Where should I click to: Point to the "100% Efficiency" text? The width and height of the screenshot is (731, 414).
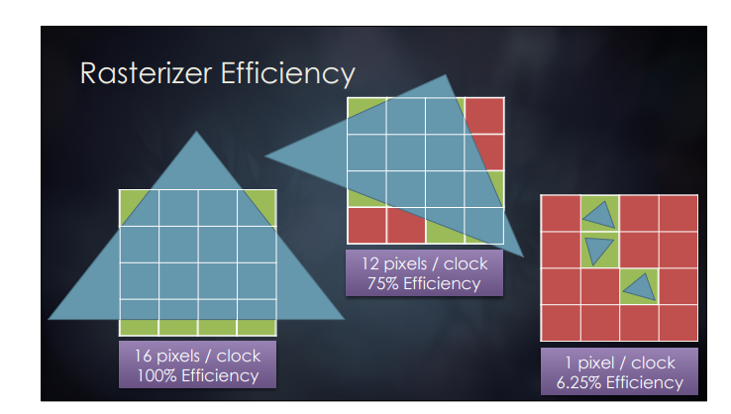[x=196, y=375]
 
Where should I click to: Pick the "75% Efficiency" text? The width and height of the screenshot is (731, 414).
[x=425, y=283]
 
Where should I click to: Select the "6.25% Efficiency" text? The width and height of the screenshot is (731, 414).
[x=619, y=382]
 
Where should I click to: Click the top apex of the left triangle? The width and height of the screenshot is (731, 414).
[x=197, y=131]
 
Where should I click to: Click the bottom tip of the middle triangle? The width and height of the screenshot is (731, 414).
[x=519, y=254]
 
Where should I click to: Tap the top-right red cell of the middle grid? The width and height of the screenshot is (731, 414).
[x=485, y=115]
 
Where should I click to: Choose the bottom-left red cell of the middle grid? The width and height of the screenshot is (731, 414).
[x=365, y=226]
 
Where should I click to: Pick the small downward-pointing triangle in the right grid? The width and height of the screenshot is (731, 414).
[x=598, y=251]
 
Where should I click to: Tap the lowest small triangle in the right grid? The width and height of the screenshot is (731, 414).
[x=639, y=287]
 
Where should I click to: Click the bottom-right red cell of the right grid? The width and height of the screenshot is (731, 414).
[x=678, y=323]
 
